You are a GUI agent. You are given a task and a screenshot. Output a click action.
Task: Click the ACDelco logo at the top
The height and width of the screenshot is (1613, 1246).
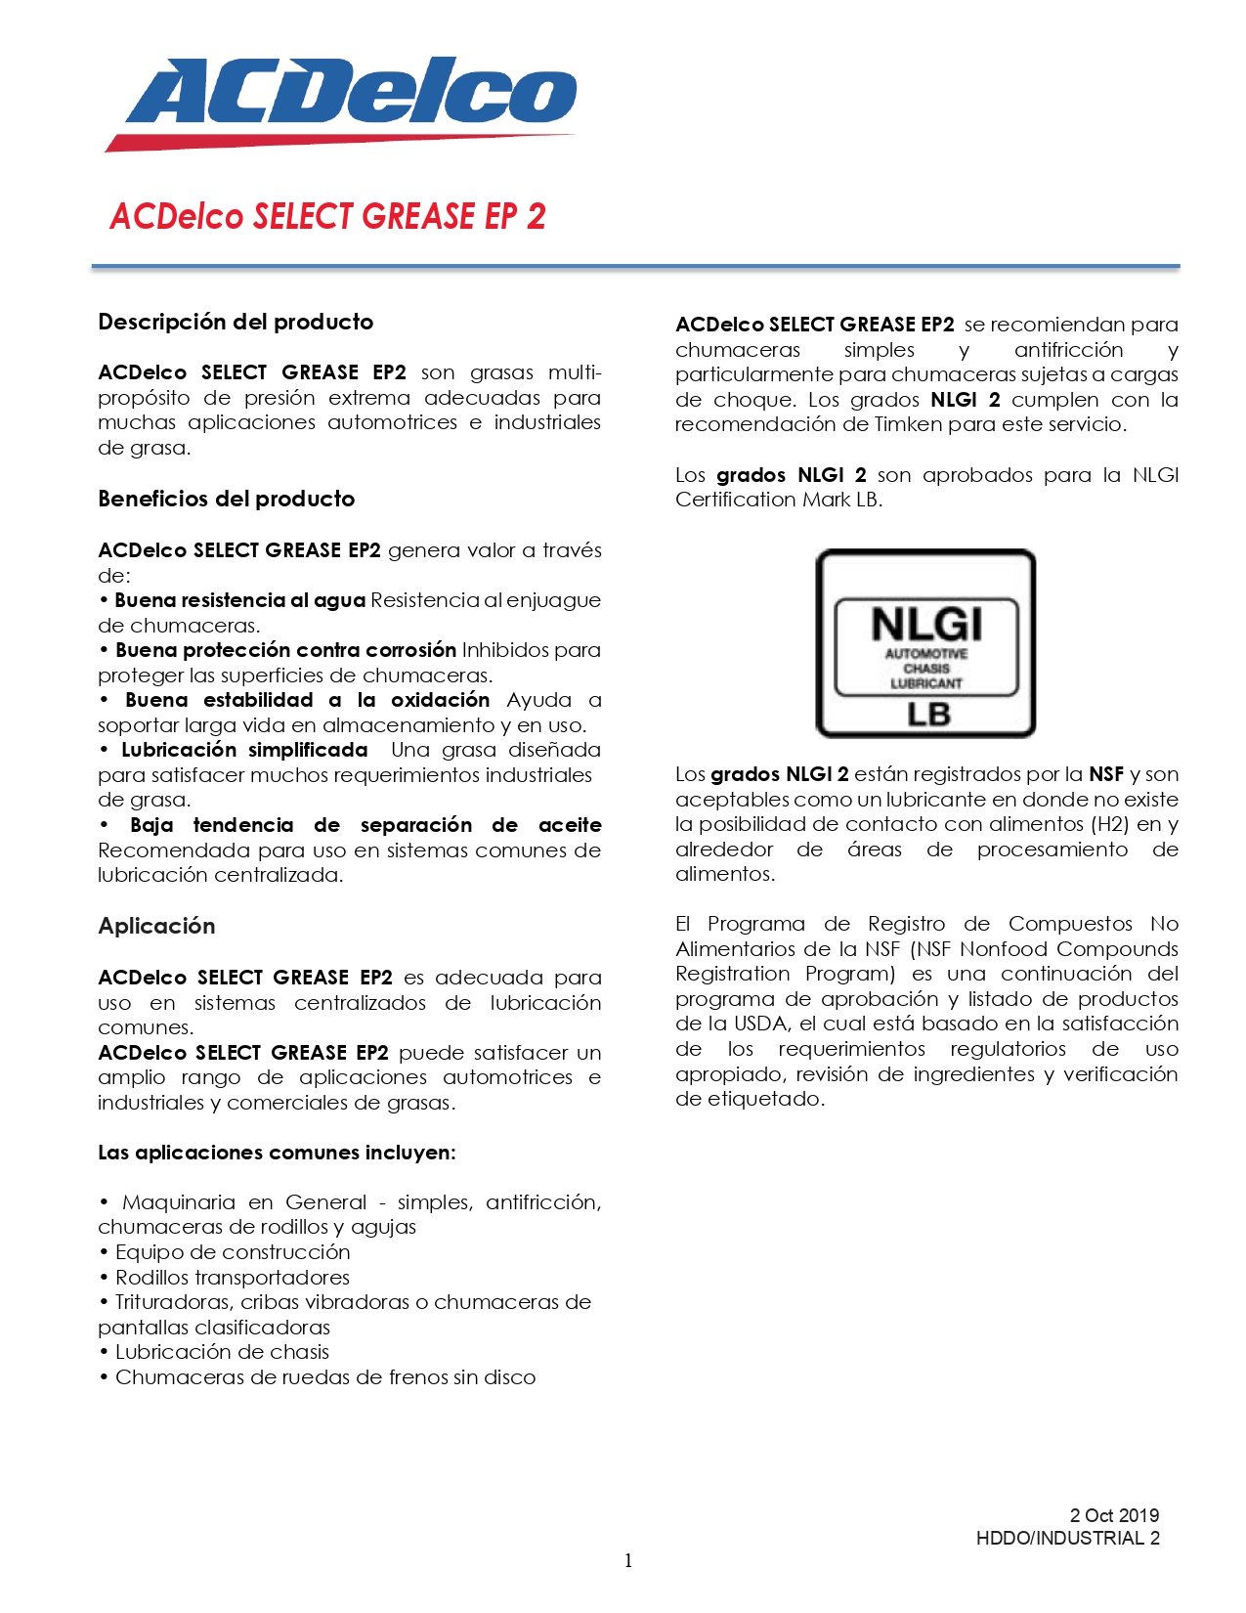tap(342, 103)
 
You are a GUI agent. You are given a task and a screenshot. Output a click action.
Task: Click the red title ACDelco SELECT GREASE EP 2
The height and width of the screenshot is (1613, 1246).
tap(327, 216)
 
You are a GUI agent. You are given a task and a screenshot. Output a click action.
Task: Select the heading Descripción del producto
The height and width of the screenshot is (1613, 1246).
tap(236, 322)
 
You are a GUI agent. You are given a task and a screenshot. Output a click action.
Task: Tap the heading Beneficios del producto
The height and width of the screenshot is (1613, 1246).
tap(227, 499)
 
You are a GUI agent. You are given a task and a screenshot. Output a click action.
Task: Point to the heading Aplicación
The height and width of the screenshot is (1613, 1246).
tap(156, 926)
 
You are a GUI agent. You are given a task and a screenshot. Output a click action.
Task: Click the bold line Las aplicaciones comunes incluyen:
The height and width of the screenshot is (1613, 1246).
tap(277, 1153)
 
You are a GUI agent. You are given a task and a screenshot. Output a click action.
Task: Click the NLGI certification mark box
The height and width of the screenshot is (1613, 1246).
tap(925, 642)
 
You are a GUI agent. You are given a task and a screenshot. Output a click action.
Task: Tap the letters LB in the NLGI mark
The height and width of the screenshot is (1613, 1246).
tap(927, 715)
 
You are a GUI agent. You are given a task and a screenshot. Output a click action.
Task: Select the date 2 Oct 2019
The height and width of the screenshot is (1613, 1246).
tap(1114, 1515)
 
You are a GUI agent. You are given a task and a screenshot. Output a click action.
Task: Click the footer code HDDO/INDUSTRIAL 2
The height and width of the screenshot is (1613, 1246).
tap(1067, 1538)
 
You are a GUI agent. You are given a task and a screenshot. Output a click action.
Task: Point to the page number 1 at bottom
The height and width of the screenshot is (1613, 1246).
tap(628, 1560)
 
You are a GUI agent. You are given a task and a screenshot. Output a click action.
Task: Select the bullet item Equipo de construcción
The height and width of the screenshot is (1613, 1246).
tap(233, 1252)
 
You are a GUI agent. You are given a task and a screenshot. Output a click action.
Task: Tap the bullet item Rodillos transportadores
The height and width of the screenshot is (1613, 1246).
tap(233, 1278)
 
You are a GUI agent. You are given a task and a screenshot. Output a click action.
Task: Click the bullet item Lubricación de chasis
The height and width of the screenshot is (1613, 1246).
tap(222, 1352)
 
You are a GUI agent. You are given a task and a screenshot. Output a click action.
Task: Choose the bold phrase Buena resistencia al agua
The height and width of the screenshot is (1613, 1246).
tap(240, 600)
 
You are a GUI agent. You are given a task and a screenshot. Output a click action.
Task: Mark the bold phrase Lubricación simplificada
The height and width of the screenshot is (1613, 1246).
tap(244, 750)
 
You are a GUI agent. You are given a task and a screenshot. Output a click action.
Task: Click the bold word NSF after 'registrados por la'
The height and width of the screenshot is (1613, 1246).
tap(1106, 774)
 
